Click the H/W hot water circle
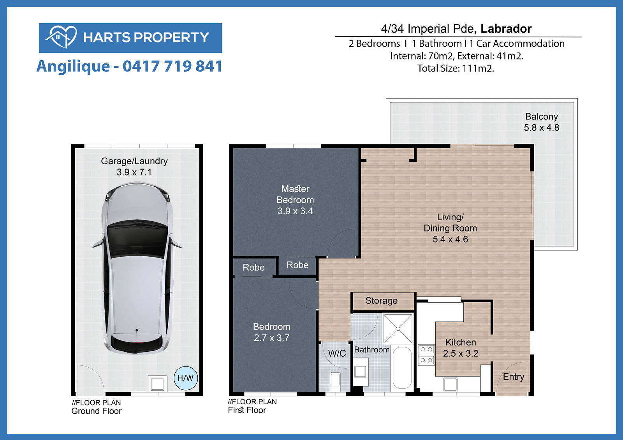click(185, 378)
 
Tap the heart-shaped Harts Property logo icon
click(62, 37)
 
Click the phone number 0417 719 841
click(172, 66)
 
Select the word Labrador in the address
click(506, 29)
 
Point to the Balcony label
click(542, 116)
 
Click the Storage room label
click(381, 300)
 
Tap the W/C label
click(337, 353)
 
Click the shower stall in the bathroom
click(398, 329)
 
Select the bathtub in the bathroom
click(402, 368)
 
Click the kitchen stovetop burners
click(426, 355)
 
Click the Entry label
click(514, 377)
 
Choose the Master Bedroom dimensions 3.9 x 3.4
click(295, 211)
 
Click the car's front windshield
click(137, 238)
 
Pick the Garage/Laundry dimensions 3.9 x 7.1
click(134, 172)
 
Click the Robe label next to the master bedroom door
click(297, 265)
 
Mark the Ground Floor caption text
click(97, 411)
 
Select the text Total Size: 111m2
click(456, 68)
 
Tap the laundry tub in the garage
click(157, 384)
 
